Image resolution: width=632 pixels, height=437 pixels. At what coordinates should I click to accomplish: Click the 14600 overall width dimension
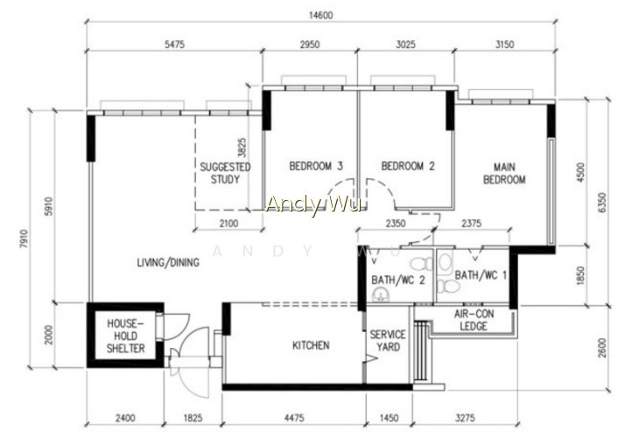[321, 15]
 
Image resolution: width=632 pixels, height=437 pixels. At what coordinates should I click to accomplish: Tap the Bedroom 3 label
[316, 166]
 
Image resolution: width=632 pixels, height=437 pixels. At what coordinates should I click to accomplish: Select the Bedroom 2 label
[408, 166]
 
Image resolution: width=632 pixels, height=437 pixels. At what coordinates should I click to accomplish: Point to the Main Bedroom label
[504, 173]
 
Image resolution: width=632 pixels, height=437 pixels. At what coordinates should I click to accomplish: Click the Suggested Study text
[225, 173]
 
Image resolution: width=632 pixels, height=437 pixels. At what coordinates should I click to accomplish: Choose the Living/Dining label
[168, 262]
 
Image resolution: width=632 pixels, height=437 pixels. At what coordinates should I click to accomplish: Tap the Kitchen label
[311, 345]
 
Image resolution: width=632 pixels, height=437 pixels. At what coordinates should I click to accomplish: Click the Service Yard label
[388, 341]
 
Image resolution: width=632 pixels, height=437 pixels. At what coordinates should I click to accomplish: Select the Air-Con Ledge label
[474, 320]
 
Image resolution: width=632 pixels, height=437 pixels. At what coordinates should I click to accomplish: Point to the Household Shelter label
[125, 336]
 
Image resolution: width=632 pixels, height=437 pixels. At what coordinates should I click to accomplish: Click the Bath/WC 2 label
[398, 280]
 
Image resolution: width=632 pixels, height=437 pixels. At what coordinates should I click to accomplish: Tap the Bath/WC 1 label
[481, 275]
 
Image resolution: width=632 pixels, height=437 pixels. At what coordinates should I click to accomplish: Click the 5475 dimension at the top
[174, 45]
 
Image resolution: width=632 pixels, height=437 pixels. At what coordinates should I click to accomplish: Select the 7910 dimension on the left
[25, 239]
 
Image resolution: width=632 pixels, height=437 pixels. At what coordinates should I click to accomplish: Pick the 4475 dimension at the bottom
[294, 418]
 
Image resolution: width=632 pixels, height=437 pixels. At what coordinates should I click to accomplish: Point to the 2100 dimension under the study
[228, 223]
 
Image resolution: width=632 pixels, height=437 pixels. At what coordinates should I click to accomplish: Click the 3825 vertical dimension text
[242, 148]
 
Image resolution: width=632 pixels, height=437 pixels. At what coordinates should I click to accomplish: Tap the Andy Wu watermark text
[312, 204]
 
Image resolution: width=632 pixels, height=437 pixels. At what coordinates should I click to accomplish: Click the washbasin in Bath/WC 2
[381, 296]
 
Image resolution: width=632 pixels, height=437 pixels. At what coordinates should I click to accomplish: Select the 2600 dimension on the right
[601, 348]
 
